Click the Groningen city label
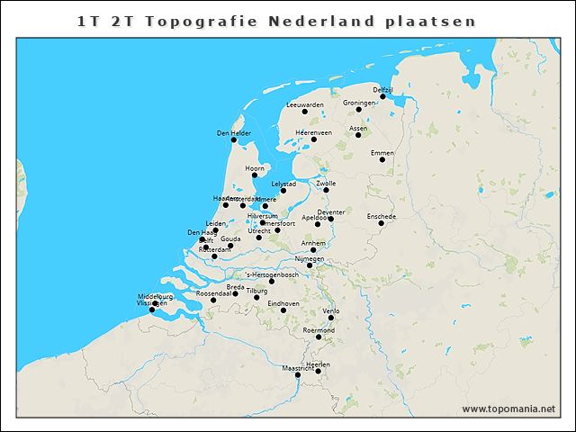click(358, 103)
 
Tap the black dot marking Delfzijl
click(382, 96)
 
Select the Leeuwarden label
click(304, 105)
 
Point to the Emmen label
click(382, 153)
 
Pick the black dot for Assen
click(358, 135)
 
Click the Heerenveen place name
click(313, 132)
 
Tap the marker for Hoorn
click(254, 175)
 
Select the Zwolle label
click(326, 183)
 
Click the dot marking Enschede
click(381, 223)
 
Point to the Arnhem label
click(313, 243)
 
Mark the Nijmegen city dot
click(310, 265)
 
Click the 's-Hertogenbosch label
click(272, 274)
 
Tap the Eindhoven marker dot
click(283, 310)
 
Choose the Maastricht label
click(298, 368)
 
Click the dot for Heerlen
click(318, 371)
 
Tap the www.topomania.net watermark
click(508, 409)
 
